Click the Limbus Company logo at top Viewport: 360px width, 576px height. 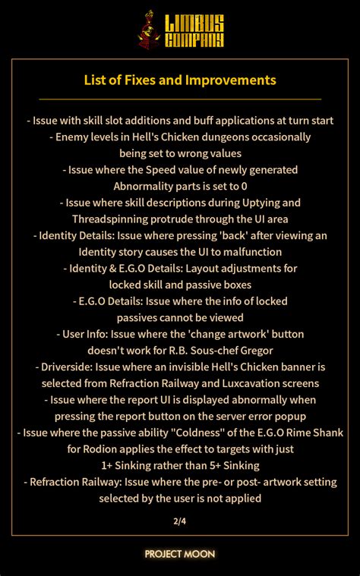(x=180, y=30)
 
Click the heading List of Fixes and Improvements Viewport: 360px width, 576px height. (x=180, y=80)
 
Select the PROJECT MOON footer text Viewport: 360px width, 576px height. (x=180, y=554)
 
